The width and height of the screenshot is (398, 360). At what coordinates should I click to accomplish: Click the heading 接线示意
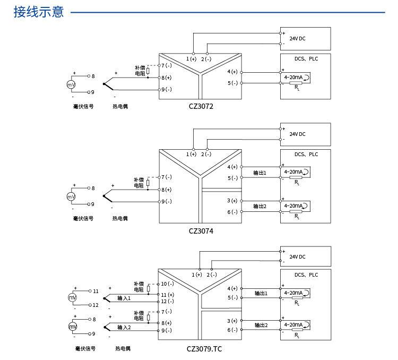pos(39,12)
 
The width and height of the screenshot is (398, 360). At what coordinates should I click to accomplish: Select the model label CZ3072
pos(201,106)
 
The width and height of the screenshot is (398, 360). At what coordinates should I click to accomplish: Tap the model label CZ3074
pos(201,231)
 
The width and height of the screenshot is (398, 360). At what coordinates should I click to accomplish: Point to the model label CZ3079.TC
pos(204,349)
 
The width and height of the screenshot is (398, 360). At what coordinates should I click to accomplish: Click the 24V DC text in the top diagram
pos(297,38)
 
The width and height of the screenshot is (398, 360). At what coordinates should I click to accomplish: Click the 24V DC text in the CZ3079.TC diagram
pos(297,256)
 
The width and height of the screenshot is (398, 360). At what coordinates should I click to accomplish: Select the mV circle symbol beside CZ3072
pos(71,85)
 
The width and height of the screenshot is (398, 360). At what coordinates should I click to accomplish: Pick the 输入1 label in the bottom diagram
pos(124,298)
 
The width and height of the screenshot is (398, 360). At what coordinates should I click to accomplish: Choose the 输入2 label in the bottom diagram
pos(124,327)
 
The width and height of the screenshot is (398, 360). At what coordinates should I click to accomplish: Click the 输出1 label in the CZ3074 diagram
pos(259,173)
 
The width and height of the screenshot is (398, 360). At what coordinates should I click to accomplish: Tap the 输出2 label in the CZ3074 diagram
pos(259,206)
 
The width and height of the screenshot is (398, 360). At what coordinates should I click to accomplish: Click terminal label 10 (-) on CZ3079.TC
pos(167,284)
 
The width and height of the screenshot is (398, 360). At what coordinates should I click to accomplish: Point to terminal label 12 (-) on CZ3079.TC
pos(167,302)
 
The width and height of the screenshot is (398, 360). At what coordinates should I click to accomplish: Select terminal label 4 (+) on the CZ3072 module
pos(232,72)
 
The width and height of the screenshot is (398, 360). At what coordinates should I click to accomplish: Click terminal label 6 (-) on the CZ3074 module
pos(232,212)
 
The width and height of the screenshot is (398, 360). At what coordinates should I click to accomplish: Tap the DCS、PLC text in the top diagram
pos(306,59)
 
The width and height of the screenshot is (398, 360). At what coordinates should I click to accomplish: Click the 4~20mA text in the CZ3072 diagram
pos(293,77)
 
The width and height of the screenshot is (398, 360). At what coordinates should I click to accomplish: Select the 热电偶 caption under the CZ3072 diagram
pos(120,106)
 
